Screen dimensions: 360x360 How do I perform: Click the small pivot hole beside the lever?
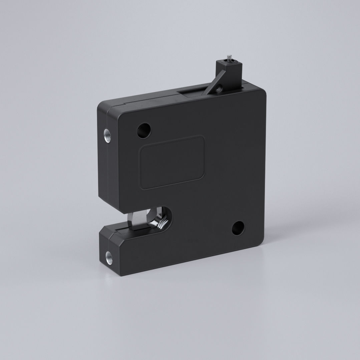(x=219, y=88)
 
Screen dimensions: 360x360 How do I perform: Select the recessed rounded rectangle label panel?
(x=172, y=162)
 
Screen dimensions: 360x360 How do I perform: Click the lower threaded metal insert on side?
(x=109, y=257)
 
